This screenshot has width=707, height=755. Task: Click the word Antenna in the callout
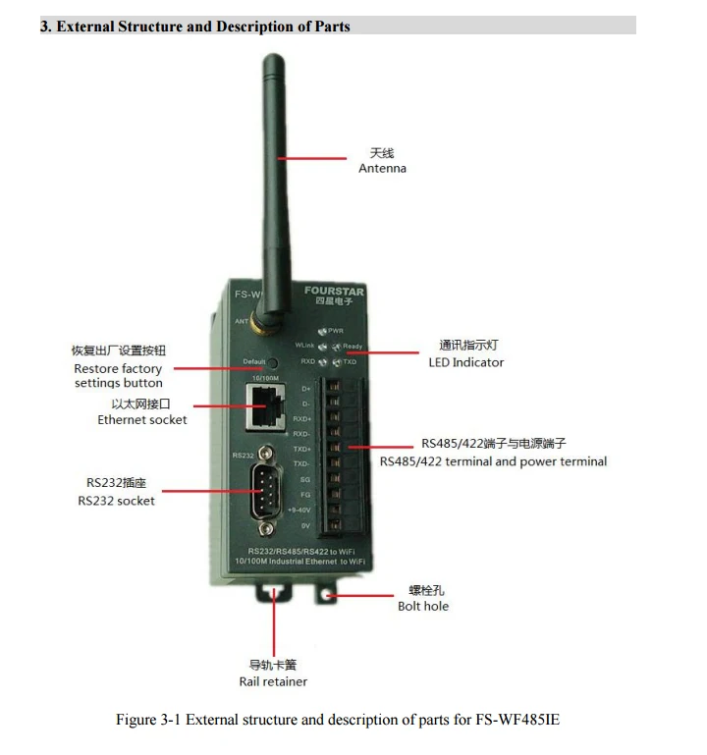pos(382,168)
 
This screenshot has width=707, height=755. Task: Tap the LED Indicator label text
pos(465,362)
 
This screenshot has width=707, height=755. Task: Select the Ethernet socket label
pos(141,419)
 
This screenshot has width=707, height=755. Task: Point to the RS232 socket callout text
pos(116,500)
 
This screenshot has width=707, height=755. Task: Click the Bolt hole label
pos(423,606)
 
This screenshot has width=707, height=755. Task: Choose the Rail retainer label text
pos(273,681)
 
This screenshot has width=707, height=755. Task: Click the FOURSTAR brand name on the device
pos(334,292)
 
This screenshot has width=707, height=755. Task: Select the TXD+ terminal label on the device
pos(301,448)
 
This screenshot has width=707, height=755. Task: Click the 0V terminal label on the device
pos(304,526)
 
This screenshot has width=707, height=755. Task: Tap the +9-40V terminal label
pos(299,511)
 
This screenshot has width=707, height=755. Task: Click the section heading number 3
pos(44,27)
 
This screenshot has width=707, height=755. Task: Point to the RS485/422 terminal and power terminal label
pos(493,461)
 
